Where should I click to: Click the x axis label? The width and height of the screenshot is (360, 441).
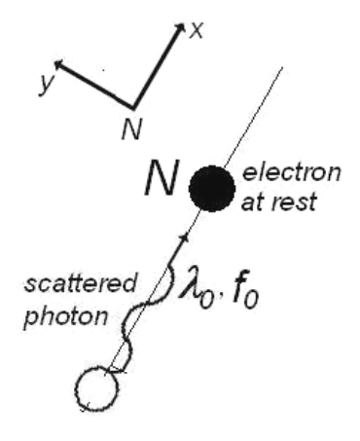(197, 31)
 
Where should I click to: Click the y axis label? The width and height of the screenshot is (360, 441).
(46, 84)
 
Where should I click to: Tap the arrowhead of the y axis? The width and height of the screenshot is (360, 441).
(59, 65)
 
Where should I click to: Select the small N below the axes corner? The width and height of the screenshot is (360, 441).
(131, 129)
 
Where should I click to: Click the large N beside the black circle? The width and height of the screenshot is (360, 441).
(162, 178)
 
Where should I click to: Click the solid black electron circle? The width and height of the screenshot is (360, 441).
(212, 189)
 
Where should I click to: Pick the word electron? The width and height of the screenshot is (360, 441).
(292, 172)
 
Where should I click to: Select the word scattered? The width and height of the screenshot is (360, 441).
(80, 283)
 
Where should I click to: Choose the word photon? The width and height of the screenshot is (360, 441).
(66, 316)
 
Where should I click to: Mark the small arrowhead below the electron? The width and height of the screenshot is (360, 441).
(185, 238)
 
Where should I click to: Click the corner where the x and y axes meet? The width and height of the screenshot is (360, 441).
(133, 107)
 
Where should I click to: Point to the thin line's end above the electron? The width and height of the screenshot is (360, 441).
(282, 67)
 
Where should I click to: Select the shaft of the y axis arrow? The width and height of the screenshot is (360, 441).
(96, 86)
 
